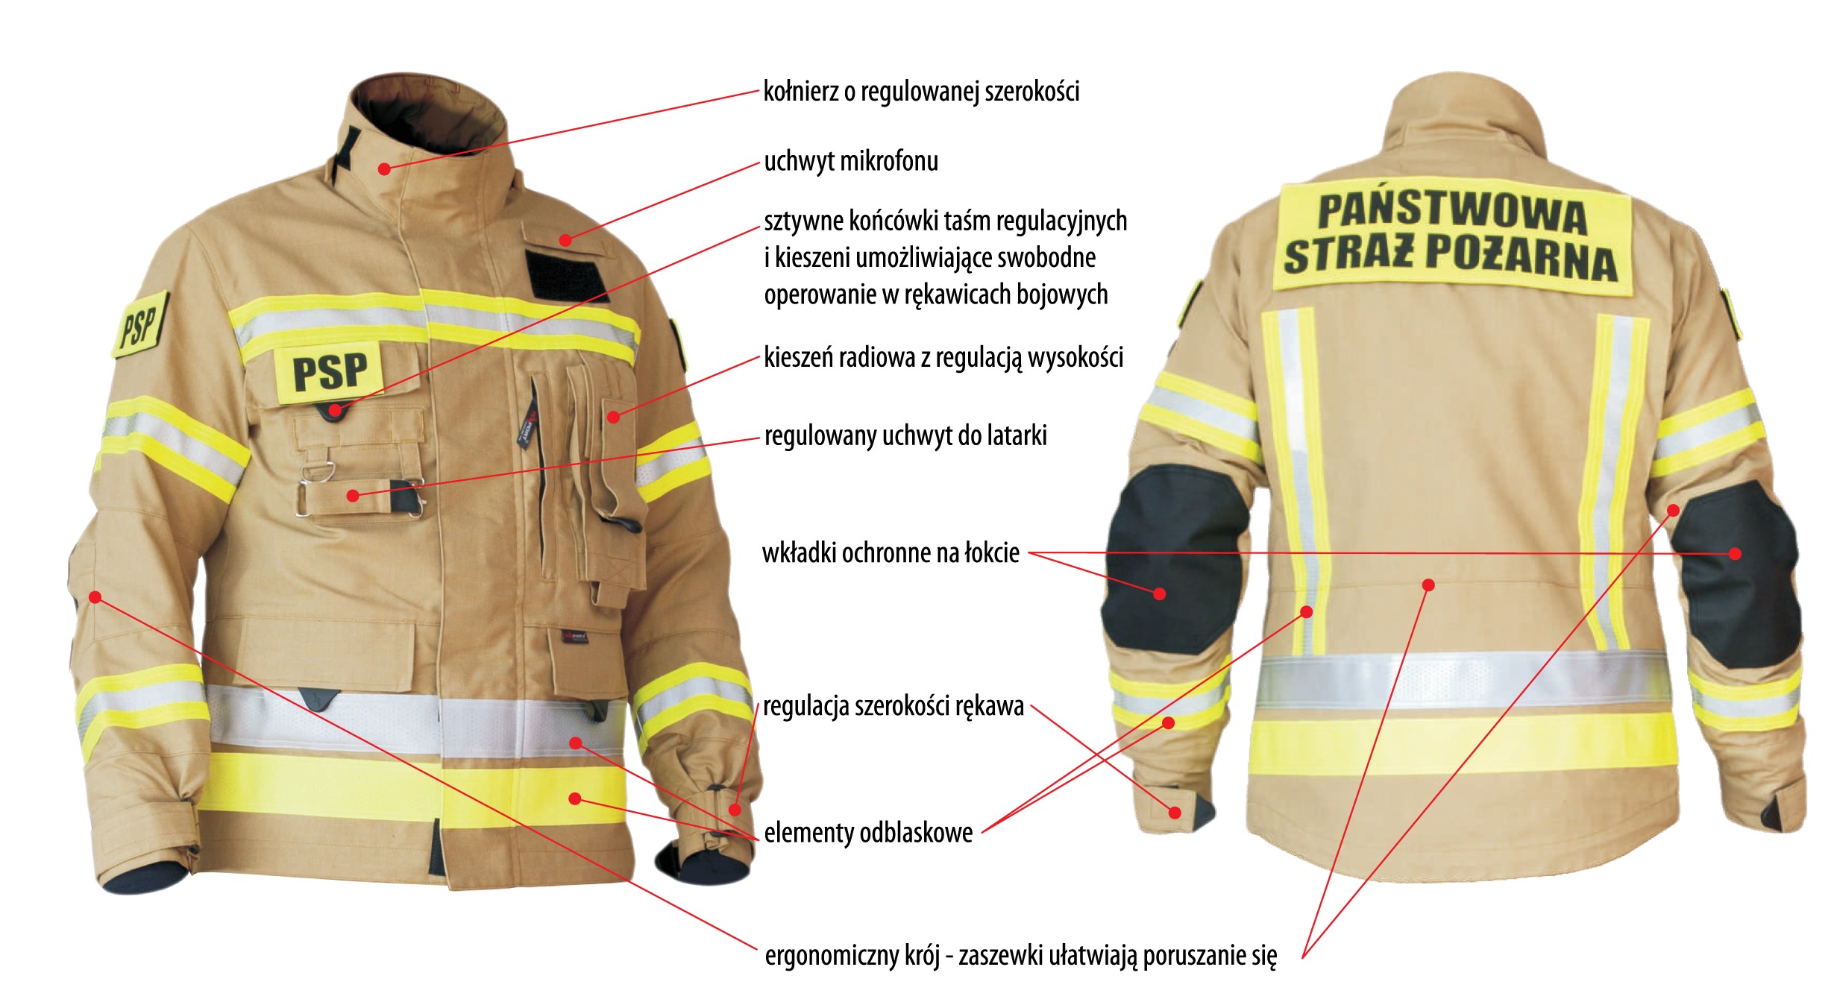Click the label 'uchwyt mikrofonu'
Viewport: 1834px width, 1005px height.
tap(851, 161)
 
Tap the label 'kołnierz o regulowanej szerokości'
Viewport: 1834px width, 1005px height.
tap(921, 92)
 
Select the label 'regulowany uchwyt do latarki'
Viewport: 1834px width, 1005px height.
tap(905, 435)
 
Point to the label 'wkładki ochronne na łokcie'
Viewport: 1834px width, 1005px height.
tap(891, 552)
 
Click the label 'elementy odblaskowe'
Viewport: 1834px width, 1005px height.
tap(868, 832)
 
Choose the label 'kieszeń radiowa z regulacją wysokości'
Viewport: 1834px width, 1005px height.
tap(943, 358)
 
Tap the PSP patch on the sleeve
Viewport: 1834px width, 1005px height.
tap(140, 325)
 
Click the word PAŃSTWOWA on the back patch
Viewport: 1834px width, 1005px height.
tap(1451, 213)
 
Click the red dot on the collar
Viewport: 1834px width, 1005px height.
tap(384, 169)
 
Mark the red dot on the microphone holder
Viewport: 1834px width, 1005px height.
tap(565, 240)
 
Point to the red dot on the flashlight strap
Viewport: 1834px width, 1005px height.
tap(354, 496)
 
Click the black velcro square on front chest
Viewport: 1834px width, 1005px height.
tap(567, 276)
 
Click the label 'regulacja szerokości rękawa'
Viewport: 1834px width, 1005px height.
tap(894, 706)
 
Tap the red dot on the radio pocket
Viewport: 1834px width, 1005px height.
tap(613, 417)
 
